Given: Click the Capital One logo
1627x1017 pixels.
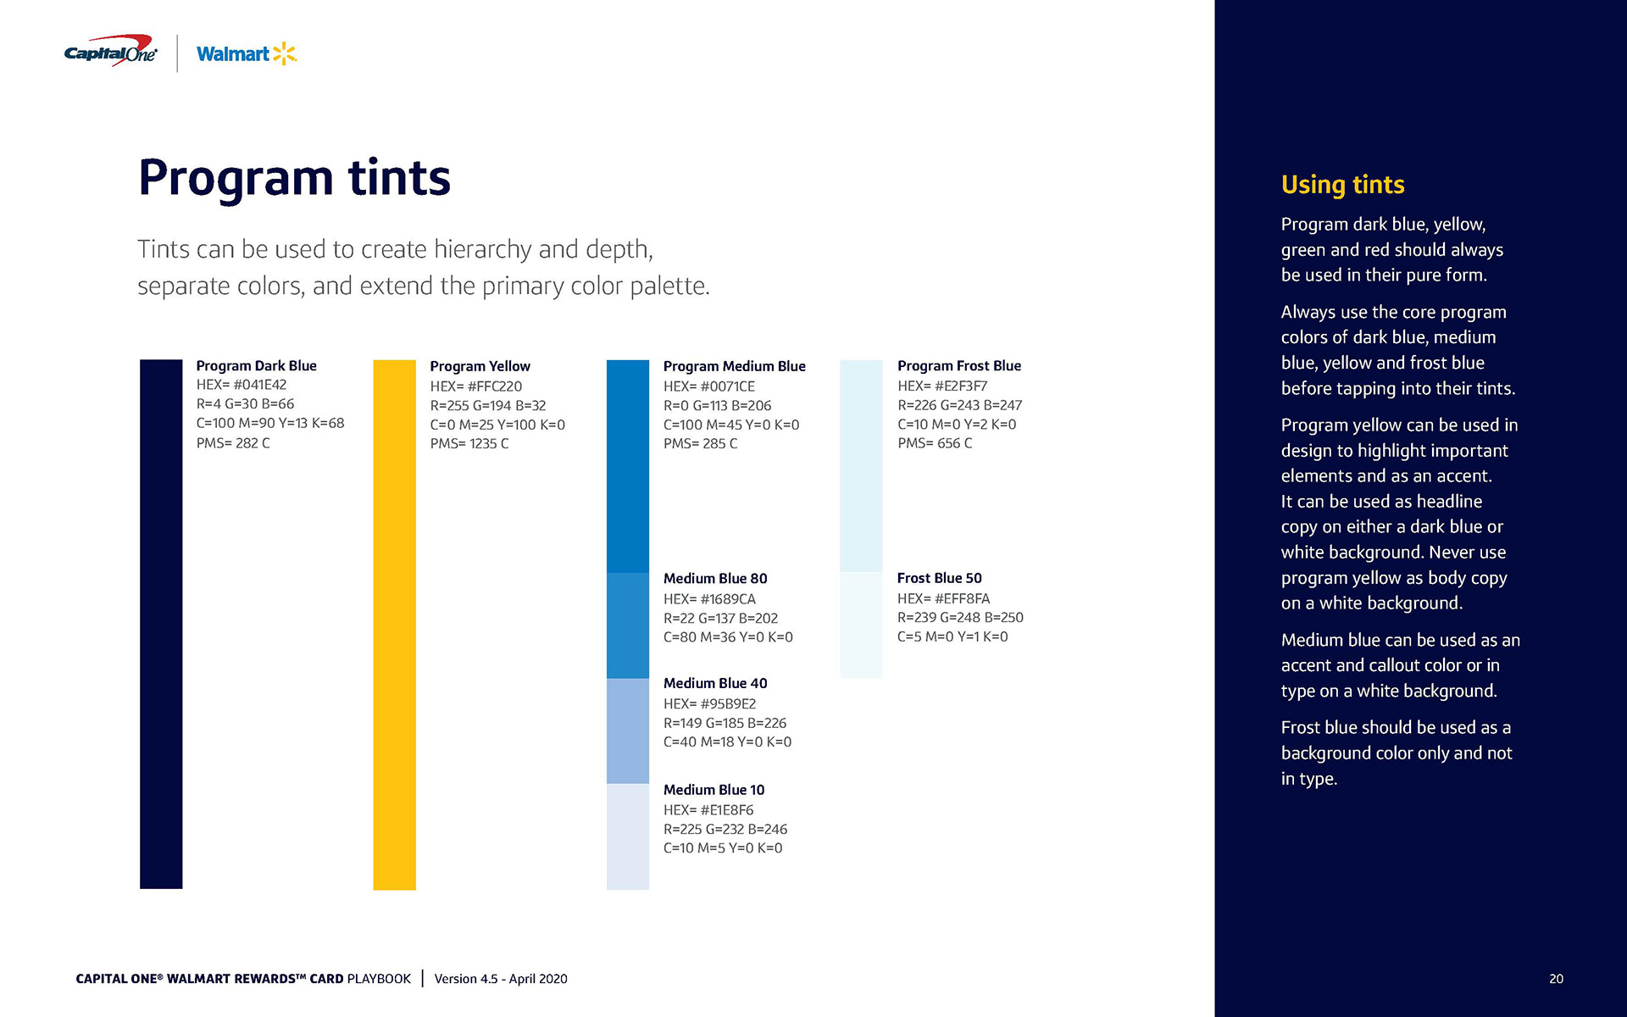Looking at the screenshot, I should [111, 52].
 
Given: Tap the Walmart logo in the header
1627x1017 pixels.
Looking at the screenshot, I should [246, 54].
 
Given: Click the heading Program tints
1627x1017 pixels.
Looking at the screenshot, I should [294, 178].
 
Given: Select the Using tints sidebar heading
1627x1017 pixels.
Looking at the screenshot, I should [1342, 185].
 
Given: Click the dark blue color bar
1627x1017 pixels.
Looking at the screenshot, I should [161, 624].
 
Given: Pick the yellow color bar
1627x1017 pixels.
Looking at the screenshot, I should [394, 624].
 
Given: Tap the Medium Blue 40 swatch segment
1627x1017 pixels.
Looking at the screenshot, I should [628, 731].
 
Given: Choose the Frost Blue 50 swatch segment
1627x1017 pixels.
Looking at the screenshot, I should [861, 625].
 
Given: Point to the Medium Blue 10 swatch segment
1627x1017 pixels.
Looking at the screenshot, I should [628, 836].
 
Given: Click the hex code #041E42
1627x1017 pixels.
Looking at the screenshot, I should [259, 385].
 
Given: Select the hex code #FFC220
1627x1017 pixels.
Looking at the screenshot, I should [494, 386].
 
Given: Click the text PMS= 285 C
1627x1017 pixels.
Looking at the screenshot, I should [700, 443].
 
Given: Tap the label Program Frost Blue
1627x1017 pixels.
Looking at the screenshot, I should [958, 366].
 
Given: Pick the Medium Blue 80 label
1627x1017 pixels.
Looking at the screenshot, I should [715, 579].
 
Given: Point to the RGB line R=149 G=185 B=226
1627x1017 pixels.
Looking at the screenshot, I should [725, 723].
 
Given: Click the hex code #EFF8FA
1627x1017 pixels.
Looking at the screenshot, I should [961, 598].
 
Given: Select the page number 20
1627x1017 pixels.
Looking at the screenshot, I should [1556, 979].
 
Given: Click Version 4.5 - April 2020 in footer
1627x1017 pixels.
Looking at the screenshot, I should [501, 979].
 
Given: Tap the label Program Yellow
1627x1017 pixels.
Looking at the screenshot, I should [480, 366].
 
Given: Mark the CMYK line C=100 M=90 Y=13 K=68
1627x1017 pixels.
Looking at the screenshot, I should [270, 423].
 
